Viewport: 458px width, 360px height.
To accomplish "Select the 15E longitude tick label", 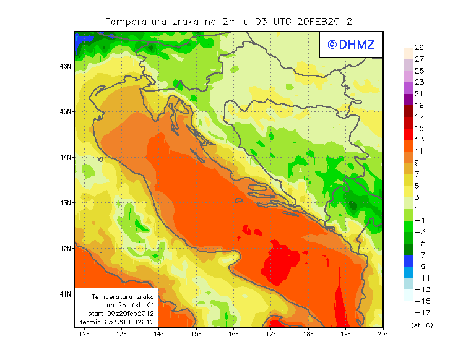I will pos(197,335).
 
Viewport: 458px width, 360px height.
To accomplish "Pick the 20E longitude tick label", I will pos(383,335).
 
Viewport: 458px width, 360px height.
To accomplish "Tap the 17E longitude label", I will pos(271,335).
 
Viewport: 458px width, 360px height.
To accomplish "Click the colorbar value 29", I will pos(419,48).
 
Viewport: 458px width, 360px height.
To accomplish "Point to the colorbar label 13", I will pos(419,140).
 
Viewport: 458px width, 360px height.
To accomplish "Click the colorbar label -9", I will pos(419,266).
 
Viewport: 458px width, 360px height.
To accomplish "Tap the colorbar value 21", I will pos(419,93).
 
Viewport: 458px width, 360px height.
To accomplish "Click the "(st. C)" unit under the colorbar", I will pos(421,325).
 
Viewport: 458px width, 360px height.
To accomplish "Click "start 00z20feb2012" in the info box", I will pos(121,314).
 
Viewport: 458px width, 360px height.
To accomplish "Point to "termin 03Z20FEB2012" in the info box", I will pos(121,322).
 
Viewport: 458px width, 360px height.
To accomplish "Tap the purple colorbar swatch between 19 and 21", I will pos(407,100).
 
